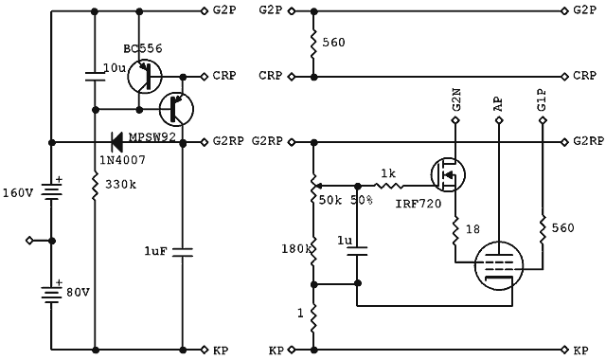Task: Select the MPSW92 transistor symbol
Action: pyautogui.click(x=175, y=109)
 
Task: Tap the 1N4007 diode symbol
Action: pyautogui.click(x=118, y=142)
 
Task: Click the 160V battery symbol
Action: pyautogui.click(x=51, y=193)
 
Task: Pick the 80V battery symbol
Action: pyautogui.click(x=51, y=291)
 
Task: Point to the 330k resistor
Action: pyautogui.click(x=95, y=189)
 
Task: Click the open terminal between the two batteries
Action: pyautogui.click(x=30, y=241)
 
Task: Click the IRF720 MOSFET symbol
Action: pyautogui.click(x=447, y=174)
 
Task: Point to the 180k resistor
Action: pyautogui.click(x=313, y=248)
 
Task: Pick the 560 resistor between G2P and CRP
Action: pyautogui.click(x=313, y=43)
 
